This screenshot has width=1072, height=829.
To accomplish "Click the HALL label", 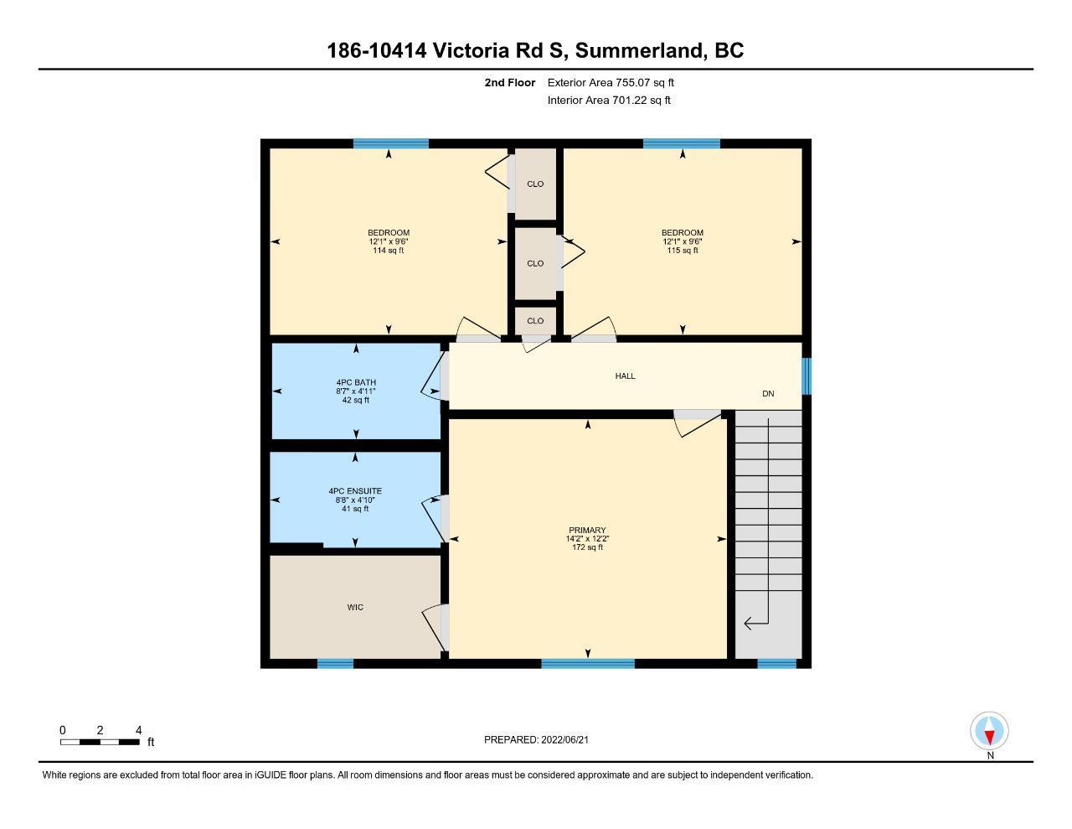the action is (625, 376).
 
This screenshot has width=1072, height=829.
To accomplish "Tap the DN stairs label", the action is (768, 393).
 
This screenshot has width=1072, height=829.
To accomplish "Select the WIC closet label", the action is (355, 608).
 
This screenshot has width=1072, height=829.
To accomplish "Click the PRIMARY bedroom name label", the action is (587, 531).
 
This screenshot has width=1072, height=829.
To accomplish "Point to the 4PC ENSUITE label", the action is (355, 491).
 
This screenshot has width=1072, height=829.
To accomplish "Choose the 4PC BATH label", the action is (356, 383).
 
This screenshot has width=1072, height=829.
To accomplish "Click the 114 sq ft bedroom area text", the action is (389, 251).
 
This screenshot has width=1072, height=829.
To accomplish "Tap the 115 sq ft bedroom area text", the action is (683, 251).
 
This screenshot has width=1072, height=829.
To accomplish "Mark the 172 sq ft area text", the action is (587, 547).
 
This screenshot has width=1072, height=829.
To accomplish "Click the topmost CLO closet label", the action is (535, 184).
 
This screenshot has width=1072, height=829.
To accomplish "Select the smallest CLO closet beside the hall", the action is (535, 321).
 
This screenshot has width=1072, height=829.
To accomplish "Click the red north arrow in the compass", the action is (990, 738).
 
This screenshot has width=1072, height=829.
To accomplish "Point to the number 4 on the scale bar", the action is (139, 730).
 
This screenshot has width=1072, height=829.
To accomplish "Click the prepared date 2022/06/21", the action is (564, 739).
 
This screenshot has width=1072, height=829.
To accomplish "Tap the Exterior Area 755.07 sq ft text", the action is (611, 82).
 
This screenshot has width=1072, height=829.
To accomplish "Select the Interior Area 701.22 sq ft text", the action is (609, 101).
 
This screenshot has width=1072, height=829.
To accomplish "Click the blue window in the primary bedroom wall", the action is (588, 664).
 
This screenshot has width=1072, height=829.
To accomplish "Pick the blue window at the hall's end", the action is (807, 376).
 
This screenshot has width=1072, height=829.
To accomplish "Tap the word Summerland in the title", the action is (639, 50).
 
